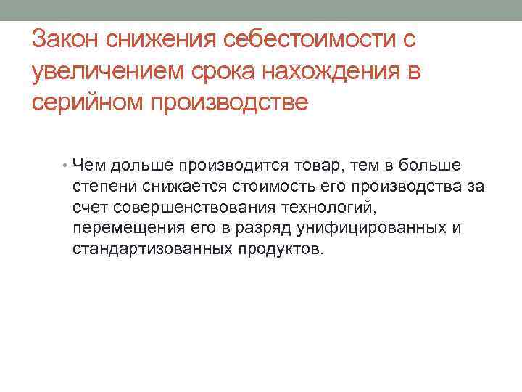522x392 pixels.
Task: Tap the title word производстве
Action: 228,102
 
